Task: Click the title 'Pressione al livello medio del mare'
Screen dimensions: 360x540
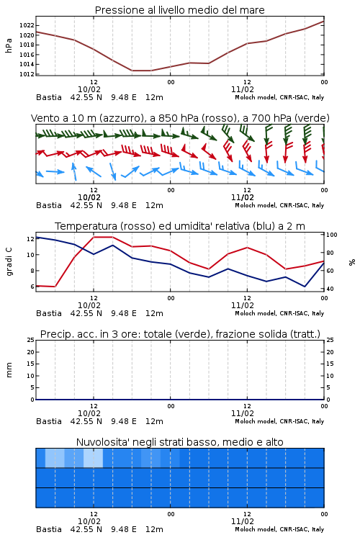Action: coord(179,10)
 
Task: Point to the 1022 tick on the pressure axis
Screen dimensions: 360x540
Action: coord(27,25)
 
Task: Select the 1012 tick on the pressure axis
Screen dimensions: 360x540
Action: coord(27,74)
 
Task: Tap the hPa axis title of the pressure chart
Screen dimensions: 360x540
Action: coord(9,45)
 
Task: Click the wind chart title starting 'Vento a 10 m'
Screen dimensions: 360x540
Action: coord(180,118)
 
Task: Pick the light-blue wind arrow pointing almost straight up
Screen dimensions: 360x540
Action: coord(74,171)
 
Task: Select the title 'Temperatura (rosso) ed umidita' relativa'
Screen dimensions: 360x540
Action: coord(180,226)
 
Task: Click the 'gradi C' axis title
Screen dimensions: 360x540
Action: coord(9,261)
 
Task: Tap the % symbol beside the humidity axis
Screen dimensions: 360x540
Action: coord(352,262)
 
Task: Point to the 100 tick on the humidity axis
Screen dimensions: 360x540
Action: coord(332,235)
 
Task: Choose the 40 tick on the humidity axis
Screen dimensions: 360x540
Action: coord(330,289)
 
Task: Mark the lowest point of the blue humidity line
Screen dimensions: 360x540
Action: coord(305,287)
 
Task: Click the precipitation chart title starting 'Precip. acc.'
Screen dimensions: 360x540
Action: coord(180,334)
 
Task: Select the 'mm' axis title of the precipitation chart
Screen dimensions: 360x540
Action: coord(9,370)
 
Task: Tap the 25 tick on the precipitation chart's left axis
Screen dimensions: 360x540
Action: coord(31,340)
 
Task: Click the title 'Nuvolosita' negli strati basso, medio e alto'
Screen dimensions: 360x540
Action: coord(179,442)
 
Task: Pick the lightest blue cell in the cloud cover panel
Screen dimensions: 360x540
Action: coord(93,458)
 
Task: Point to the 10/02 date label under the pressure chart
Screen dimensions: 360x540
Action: coord(89,89)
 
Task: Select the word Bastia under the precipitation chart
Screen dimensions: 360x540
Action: coord(49,421)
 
